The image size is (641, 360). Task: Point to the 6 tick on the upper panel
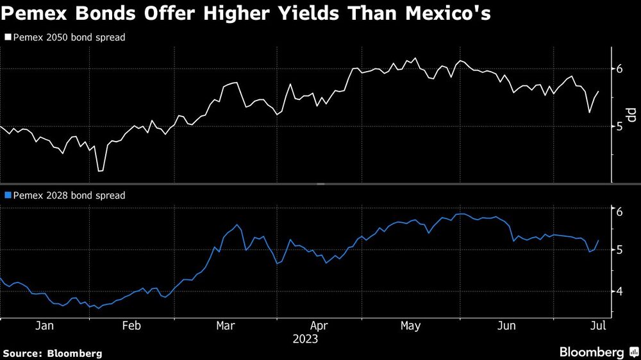coord(620,69)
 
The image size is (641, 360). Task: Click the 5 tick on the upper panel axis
coord(620,126)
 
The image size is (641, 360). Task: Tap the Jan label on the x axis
coord(44,326)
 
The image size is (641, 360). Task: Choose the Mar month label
coord(226,326)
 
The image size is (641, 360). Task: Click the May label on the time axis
coord(410,326)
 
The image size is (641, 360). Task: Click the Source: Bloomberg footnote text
coord(53,353)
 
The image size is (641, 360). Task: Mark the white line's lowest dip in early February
coord(99,171)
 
